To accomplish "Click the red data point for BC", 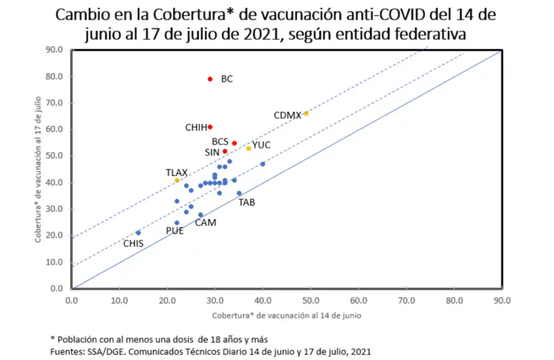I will [210, 79].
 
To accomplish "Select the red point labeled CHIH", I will [210, 127].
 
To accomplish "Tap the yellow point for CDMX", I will [306, 113].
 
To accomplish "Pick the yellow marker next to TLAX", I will [177, 180].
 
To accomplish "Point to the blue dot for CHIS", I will [138, 232].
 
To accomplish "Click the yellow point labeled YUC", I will [248, 148].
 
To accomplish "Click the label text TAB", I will [246, 203].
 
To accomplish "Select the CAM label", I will [206, 223].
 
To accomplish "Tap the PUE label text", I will [175, 231].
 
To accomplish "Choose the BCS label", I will [220, 141].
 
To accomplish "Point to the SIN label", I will [212, 152].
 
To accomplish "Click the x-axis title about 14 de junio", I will [286, 316].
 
